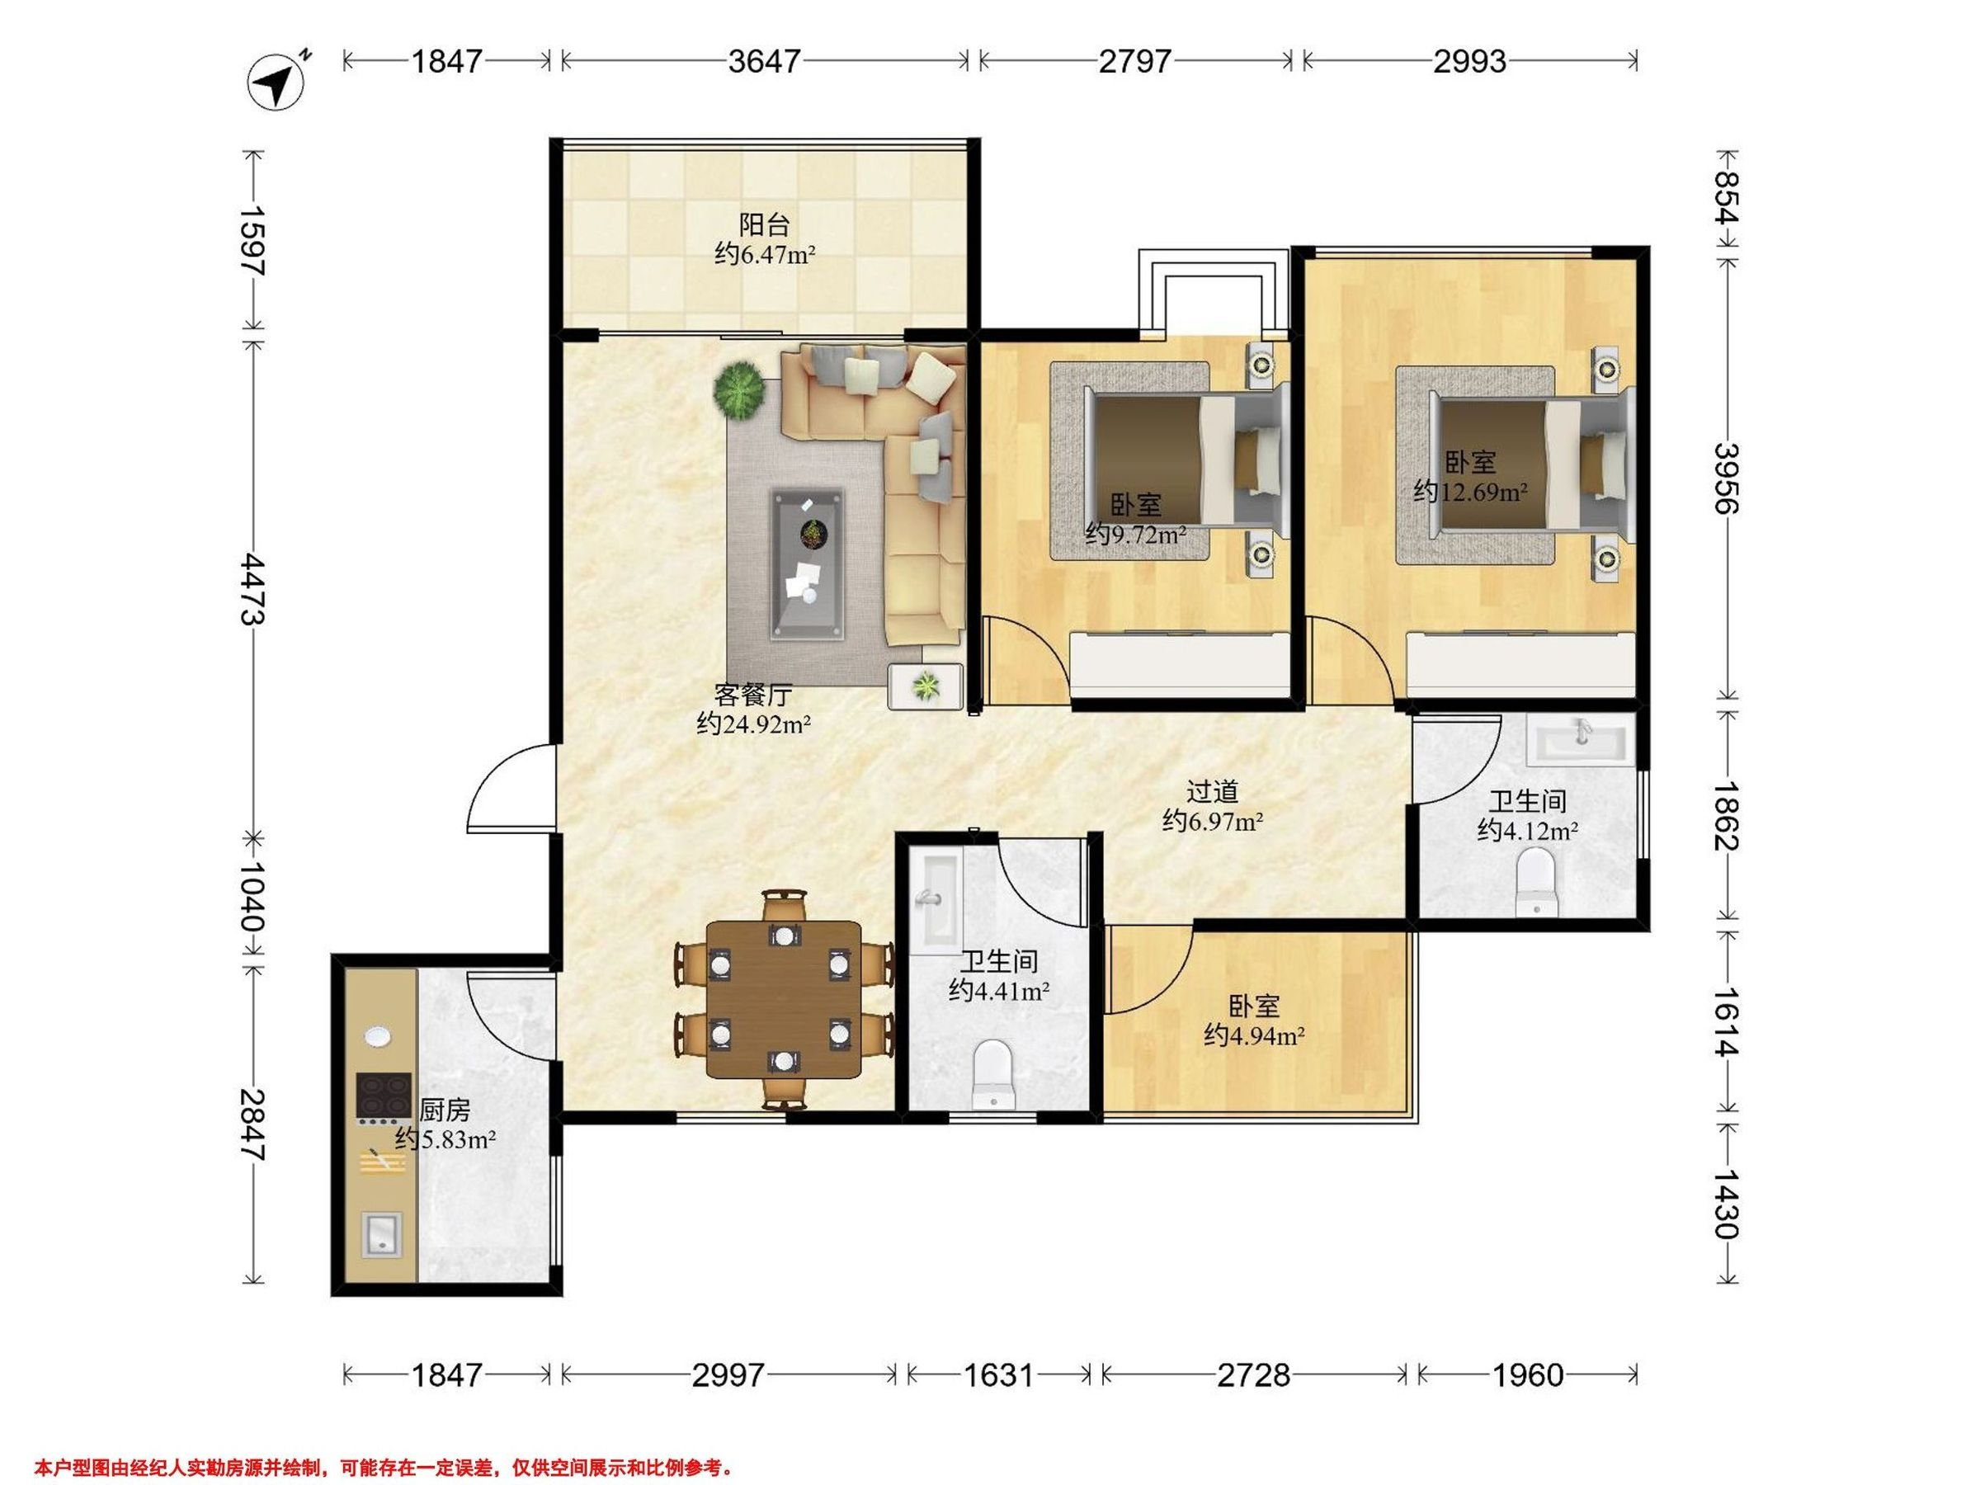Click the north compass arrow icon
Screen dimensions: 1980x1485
click(277, 82)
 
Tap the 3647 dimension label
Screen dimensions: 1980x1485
click(763, 61)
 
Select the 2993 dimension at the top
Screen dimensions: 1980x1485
click(1470, 61)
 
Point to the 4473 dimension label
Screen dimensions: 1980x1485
click(252, 588)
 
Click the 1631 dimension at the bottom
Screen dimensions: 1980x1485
click(998, 1374)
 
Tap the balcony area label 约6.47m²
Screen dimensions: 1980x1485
click(765, 255)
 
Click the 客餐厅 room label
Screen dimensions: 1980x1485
click(752, 695)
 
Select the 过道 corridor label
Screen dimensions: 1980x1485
click(1212, 791)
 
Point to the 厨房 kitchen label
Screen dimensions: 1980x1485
click(445, 1110)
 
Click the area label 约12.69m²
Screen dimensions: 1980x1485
click(1471, 492)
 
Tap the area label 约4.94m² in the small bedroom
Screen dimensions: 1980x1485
click(1253, 1035)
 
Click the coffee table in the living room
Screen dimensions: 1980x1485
click(808, 564)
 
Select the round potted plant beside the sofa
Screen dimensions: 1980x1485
click(739, 388)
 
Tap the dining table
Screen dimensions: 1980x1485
click(784, 999)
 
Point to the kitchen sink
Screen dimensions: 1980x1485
click(383, 1234)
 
